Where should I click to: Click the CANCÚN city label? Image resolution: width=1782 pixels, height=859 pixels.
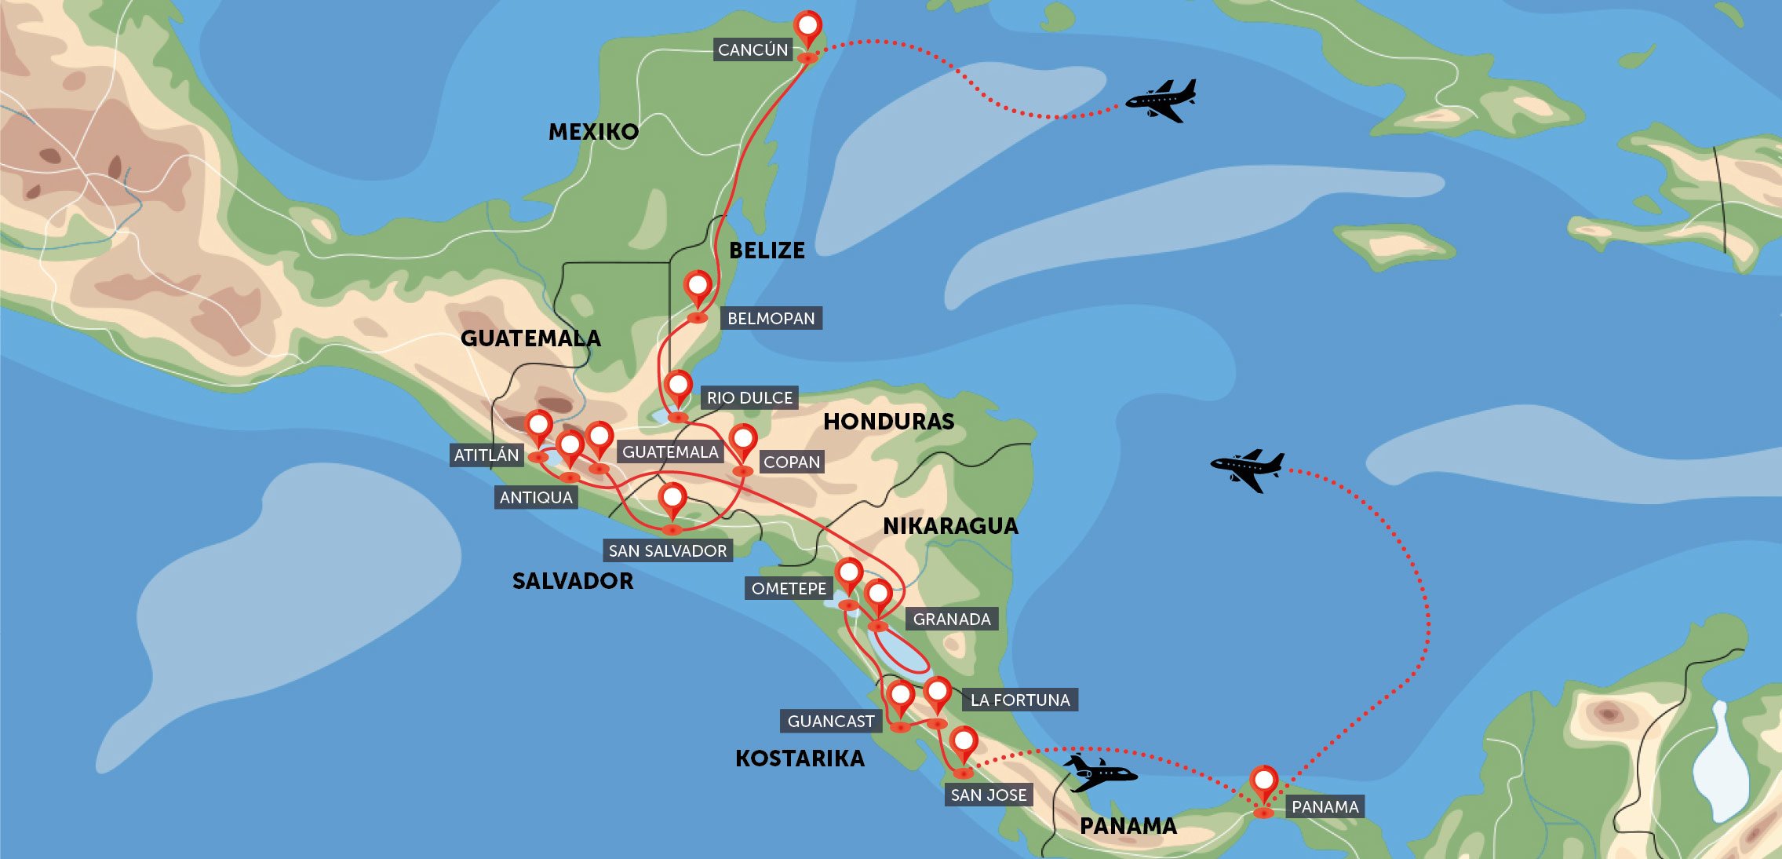pos(753,49)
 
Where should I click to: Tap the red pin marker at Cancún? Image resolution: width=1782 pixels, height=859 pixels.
pos(807,27)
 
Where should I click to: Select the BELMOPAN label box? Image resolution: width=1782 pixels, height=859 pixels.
pos(771,318)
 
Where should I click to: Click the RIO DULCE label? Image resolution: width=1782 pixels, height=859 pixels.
pos(749,397)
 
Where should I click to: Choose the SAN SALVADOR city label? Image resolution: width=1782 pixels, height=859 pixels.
pos(668,550)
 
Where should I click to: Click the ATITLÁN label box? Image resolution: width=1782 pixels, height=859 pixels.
pos(486,455)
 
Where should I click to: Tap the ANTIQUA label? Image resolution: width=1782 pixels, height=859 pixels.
pos(536,497)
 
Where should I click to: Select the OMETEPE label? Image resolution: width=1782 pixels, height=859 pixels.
pos(789,588)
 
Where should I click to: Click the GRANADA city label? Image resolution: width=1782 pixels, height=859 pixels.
pos(952,619)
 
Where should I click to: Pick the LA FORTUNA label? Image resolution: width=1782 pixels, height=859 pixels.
pos(1020,700)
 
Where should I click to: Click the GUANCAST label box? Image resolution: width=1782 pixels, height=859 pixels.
pos(831,721)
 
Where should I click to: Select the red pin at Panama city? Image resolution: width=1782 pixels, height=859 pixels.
pos(1263,783)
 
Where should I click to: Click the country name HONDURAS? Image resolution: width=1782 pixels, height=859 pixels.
pos(888,422)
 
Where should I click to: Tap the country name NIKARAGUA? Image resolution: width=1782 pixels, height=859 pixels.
pos(950,526)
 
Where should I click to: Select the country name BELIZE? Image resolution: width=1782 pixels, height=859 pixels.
pos(767,250)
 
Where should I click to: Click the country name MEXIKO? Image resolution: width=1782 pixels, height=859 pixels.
pos(593,131)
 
